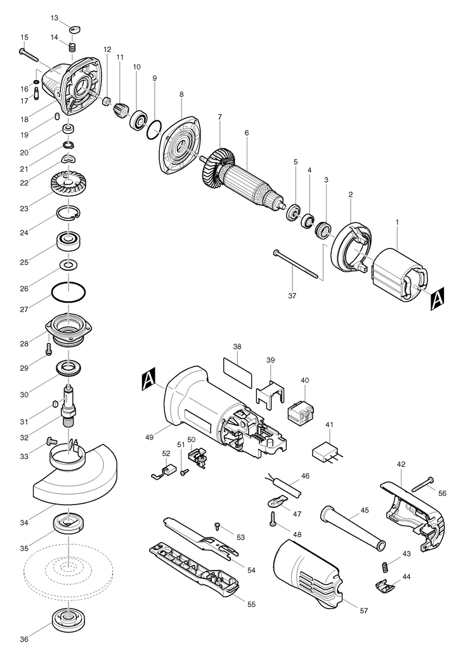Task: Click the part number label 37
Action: click(x=292, y=295)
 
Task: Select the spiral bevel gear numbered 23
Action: click(x=71, y=184)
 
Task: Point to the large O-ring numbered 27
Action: click(x=68, y=292)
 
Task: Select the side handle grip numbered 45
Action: click(x=353, y=528)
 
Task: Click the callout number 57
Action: click(x=364, y=611)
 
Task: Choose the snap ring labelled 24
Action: click(x=69, y=213)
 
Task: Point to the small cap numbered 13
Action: click(x=75, y=29)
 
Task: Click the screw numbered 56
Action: click(x=423, y=484)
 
